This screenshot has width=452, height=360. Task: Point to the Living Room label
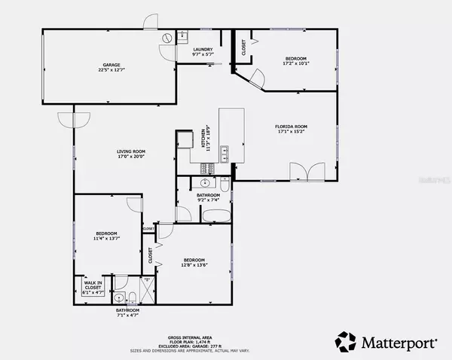point(131,151)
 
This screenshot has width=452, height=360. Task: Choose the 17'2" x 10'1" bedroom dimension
point(295,64)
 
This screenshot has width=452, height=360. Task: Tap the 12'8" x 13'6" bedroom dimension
point(194,265)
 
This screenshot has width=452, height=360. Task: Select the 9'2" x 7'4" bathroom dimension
point(208,200)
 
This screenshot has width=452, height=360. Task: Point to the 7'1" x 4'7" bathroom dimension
point(127,316)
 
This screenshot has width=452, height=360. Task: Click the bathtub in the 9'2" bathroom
point(216,216)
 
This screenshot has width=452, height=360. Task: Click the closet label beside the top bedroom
point(243,47)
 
